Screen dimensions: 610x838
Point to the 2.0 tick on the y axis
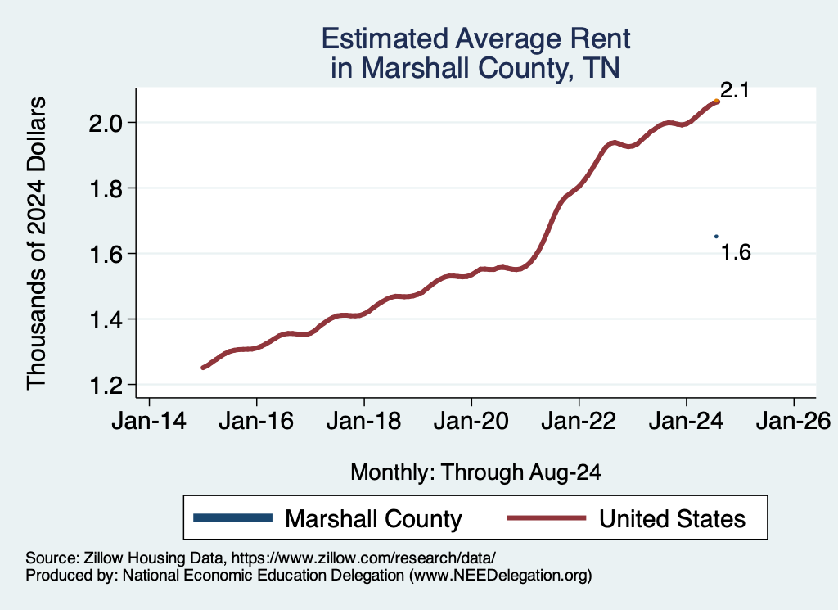coord(104,123)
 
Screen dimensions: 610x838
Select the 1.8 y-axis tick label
coord(104,188)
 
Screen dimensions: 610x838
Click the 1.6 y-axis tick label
coord(104,254)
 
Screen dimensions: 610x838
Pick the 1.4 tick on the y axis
coord(104,319)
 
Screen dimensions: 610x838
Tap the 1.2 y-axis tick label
coord(104,385)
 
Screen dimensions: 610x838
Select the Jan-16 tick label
coord(256,422)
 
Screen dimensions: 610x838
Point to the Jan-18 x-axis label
coord(363,422)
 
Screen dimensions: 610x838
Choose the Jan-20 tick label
coord(471,422)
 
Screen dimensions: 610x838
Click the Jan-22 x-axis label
coord(579,422)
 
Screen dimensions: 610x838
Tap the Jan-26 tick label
coord(793,422)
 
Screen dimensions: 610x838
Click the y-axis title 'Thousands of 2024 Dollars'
coord(38,243)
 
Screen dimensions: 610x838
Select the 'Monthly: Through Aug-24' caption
coord(475,472)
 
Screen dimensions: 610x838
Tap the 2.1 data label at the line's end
coord(735,91)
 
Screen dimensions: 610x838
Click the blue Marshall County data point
coord(716,237)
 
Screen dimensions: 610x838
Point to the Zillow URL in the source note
coord(363,558)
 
